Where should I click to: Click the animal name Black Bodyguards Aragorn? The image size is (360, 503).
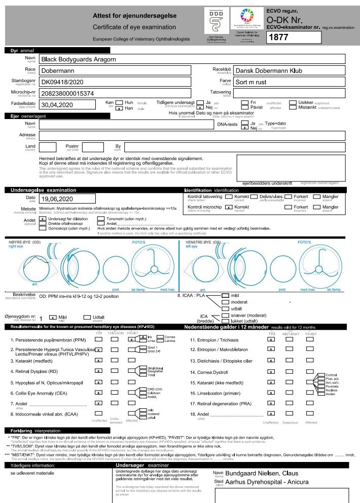(x=79, y=59)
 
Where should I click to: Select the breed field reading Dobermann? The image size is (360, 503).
(x=59, y=71)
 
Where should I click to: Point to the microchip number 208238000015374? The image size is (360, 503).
(x=67, y=93)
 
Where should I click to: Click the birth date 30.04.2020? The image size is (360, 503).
(x=58, y=105)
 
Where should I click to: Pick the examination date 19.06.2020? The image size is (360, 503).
(x=58, y=199)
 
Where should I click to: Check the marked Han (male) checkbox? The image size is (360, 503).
(x=118, y=108)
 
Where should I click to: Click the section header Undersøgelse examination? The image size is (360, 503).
(x=37, y=190)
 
